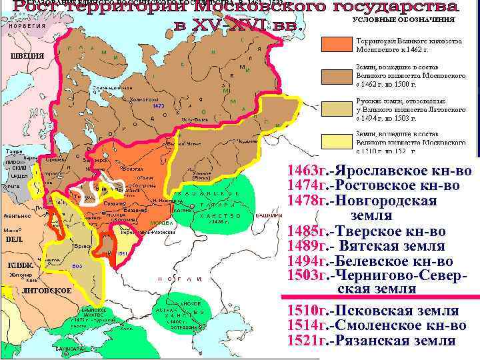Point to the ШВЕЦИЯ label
pos(27,55)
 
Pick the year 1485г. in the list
pos(310,231)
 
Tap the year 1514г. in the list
pos(310,325)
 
